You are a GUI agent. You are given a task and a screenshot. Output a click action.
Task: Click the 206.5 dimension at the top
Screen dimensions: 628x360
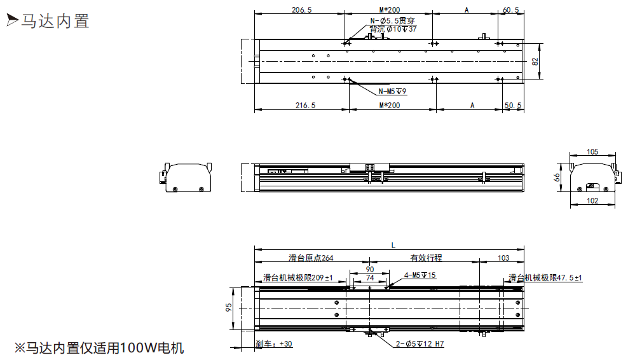click(x=301, y=10)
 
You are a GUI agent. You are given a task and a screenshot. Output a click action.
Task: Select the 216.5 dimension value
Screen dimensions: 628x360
click(x=306, y=106)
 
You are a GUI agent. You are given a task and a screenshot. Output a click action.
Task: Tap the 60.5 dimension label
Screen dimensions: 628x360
click(x=510, y=10)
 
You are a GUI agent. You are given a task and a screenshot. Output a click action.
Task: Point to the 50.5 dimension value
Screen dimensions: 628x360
click(x=513, y=106)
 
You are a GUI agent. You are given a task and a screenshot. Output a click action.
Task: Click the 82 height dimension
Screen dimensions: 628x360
click(x=535, y=61)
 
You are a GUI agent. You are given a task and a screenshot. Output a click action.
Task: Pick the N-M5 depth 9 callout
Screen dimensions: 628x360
click(x=393, y=92)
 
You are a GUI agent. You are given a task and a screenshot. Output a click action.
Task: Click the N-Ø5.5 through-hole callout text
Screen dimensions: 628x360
click(x=393, y=21)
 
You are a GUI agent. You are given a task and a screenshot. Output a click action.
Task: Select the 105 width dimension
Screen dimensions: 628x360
click(x=592, y=152)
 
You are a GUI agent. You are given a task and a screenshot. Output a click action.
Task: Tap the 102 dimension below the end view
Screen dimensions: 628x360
click(x=592, y=201)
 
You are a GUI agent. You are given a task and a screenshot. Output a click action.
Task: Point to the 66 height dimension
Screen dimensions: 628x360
click(x=557, y=177)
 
